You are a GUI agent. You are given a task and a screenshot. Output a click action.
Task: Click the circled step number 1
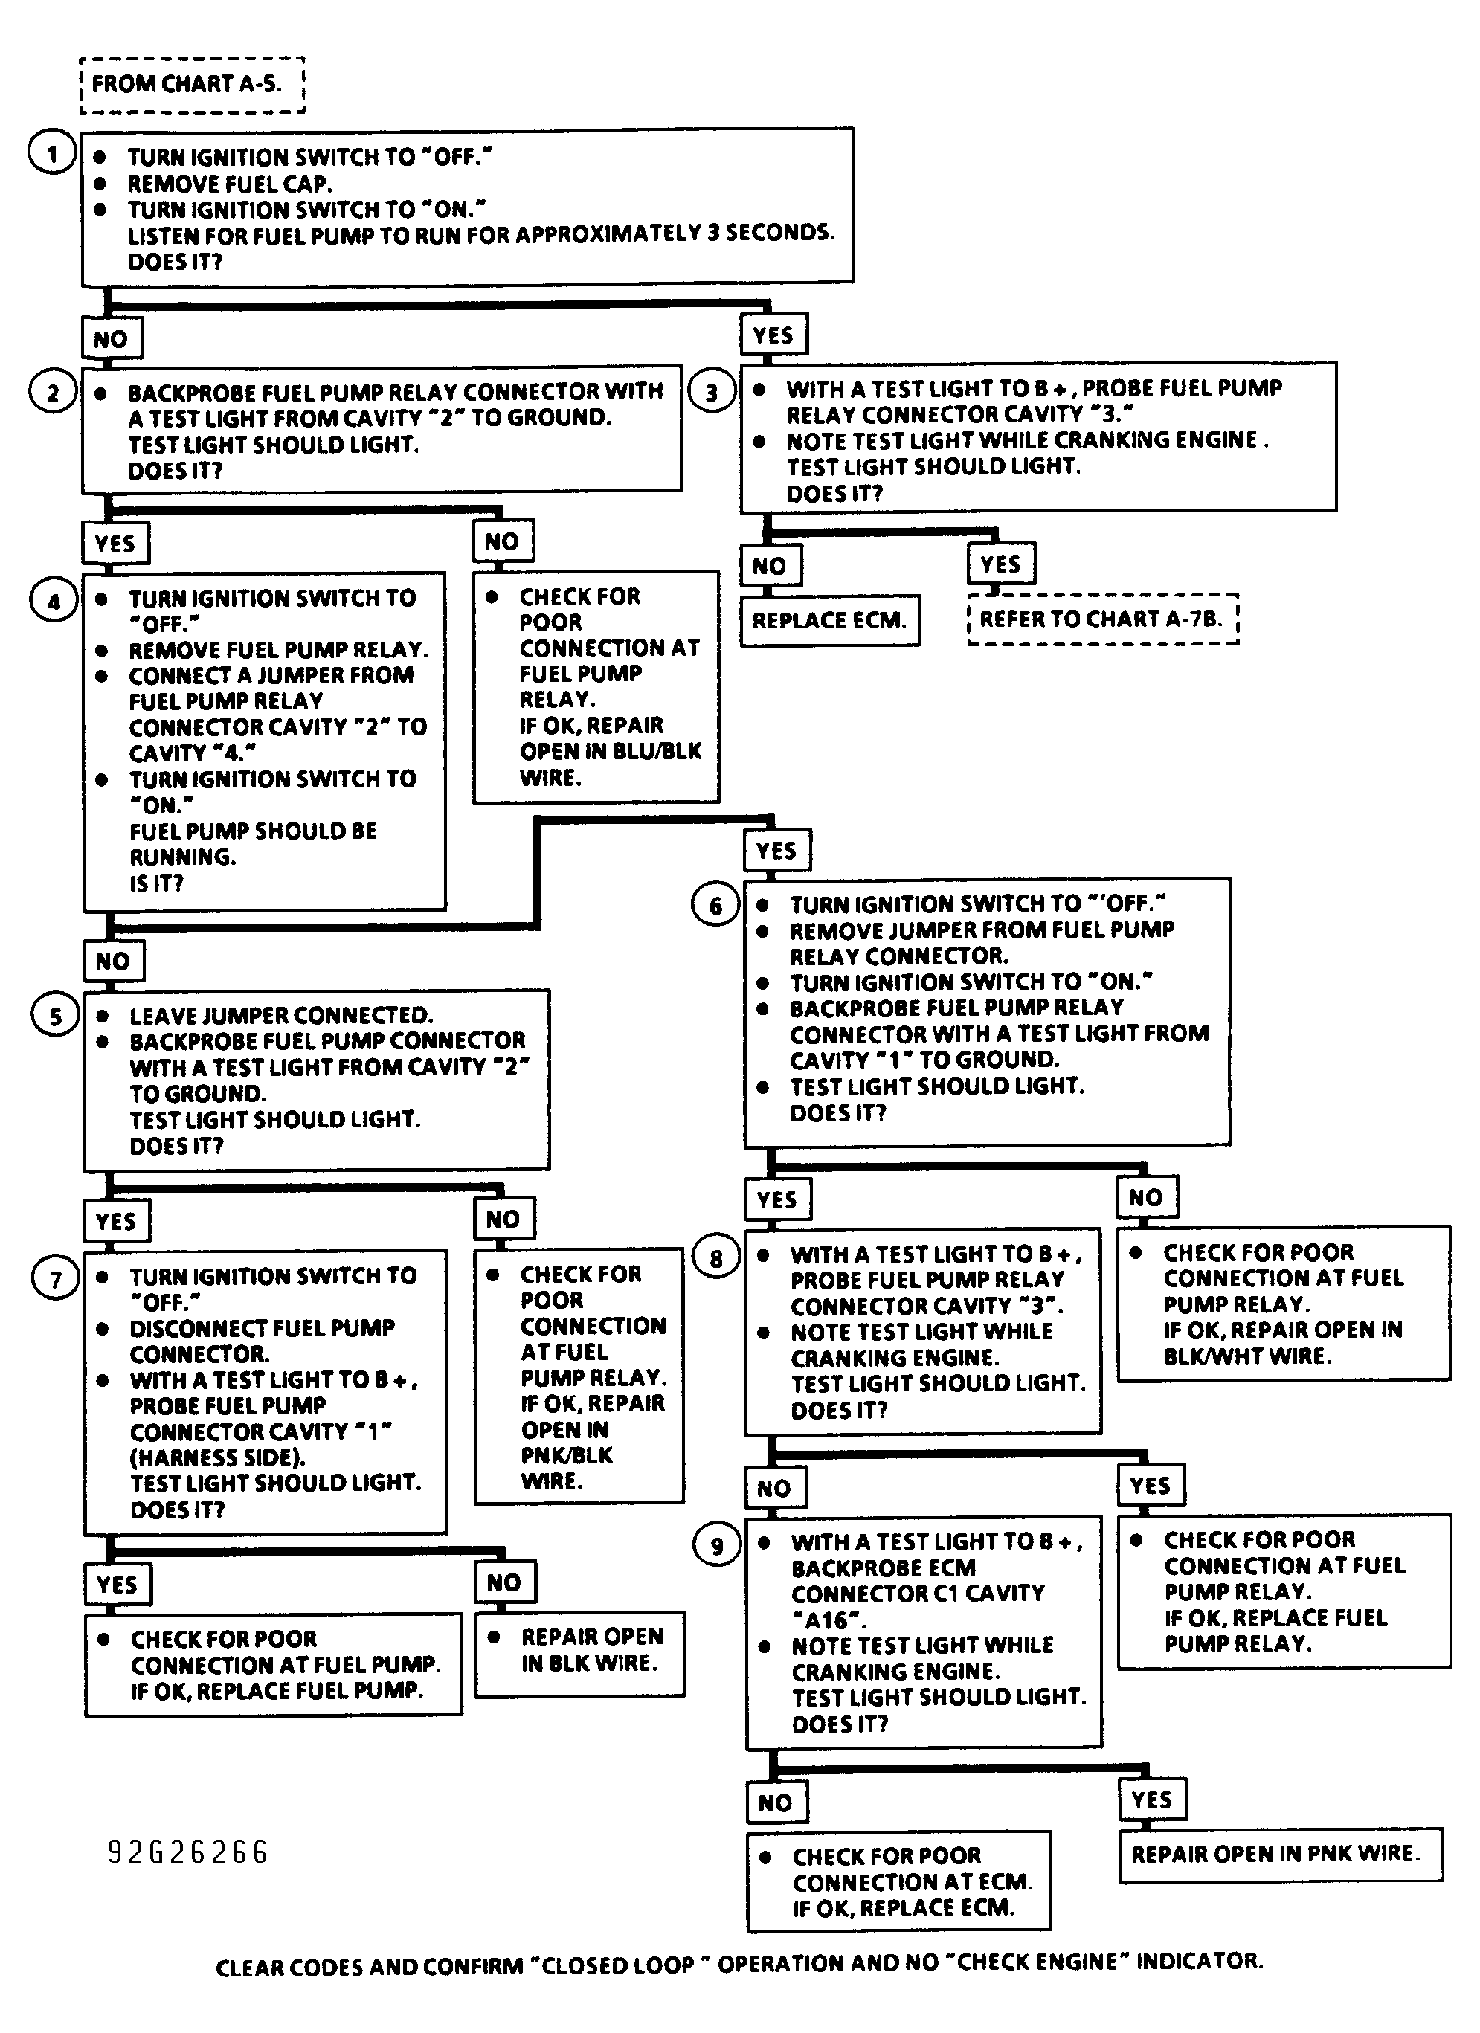(51, 153)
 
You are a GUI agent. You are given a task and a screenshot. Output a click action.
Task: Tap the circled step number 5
(55, 1016)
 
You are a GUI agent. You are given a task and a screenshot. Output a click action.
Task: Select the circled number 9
(715, 1544)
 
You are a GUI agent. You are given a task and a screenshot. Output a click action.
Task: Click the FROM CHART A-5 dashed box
(192, 84)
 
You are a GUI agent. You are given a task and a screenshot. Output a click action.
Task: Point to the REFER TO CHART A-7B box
(1101, 619)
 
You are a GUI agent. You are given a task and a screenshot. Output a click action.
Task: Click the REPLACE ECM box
(829, 620)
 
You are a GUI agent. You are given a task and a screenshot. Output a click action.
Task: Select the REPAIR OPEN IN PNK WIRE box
(1279, 1853)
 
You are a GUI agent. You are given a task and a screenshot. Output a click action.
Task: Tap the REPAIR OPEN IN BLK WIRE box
(580, 1649)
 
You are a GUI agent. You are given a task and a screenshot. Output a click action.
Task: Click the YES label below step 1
(773, 335)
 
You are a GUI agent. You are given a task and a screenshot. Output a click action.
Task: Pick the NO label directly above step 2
(110, 339)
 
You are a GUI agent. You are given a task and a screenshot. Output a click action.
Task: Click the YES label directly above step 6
(776, 850)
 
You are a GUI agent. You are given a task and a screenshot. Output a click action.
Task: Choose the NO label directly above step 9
(774, 1488)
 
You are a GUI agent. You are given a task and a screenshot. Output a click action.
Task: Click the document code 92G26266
(187, 1852)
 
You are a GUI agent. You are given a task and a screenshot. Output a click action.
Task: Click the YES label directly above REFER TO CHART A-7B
(1000, 564)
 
